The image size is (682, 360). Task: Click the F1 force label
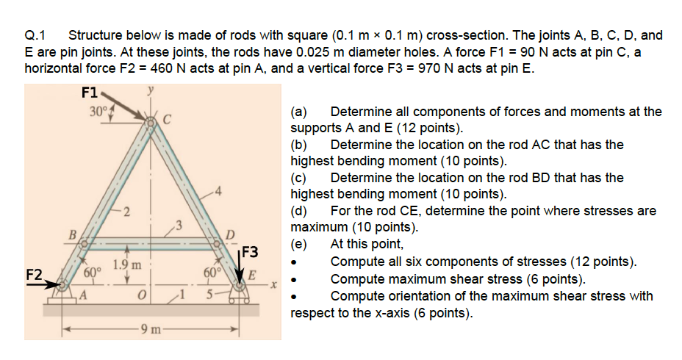[x=89, y=93]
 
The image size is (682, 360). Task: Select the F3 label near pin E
[x=251, y=252]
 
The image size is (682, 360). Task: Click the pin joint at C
[x=152, y=123]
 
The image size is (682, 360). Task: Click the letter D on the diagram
[x=229, y=234]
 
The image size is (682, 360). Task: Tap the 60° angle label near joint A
[x=93, y=273]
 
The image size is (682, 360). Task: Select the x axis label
[x=270, y=283]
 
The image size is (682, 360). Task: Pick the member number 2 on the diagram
[x=126, y=213]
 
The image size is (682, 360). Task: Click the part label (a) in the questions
[x=299, y=112]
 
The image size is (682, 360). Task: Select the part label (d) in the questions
[x=299, y=211]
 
